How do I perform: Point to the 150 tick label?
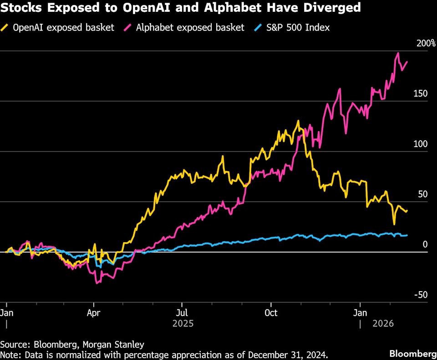[421, 94]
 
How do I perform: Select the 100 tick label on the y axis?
[421, 144]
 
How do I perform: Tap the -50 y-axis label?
[420, 295]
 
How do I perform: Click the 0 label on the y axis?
[425, 245]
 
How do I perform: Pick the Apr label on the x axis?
[93, 313]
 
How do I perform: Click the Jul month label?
[182, 313]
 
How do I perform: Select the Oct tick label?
[271, 313]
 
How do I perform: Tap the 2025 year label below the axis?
[183, 324]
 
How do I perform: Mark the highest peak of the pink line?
[398, 53]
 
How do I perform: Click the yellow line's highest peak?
[298, 121]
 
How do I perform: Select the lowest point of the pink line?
[97, 284]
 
